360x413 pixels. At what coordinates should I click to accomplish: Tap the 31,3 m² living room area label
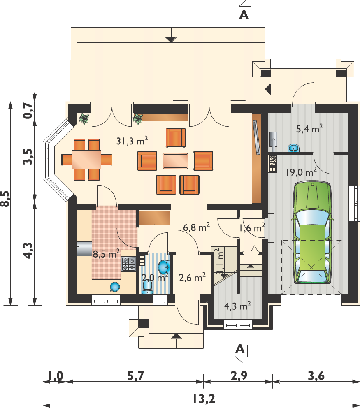(x=132, y=141)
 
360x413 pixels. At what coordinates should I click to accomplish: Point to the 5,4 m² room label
(x=309, y=129)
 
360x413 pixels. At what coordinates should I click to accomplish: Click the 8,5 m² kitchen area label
(x=106, y=254)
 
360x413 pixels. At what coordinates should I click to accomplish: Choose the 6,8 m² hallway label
(x=197, y=227)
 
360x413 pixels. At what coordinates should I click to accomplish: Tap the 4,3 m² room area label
(x=237, y=306)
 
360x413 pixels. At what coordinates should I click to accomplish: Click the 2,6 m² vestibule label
(x=192, y=277)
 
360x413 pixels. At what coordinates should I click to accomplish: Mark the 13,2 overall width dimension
(x=204, y=399)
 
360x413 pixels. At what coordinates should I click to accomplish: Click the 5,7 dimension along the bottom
(x=136, y=376)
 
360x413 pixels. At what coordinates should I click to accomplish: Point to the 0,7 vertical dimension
(x=28, y=110)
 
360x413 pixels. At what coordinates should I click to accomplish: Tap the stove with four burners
(x=129, y=264)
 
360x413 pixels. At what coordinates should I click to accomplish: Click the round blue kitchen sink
(x=115, y=287)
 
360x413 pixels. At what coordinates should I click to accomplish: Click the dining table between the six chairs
(x=87, y=160)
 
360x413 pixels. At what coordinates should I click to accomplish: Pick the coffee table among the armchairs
(x=175, y=161)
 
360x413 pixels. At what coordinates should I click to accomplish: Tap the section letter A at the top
(x=244, y=15)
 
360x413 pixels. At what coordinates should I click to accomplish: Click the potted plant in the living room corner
(x=84, y=119)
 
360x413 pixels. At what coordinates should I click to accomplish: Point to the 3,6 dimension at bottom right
(x=316, y=376)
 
